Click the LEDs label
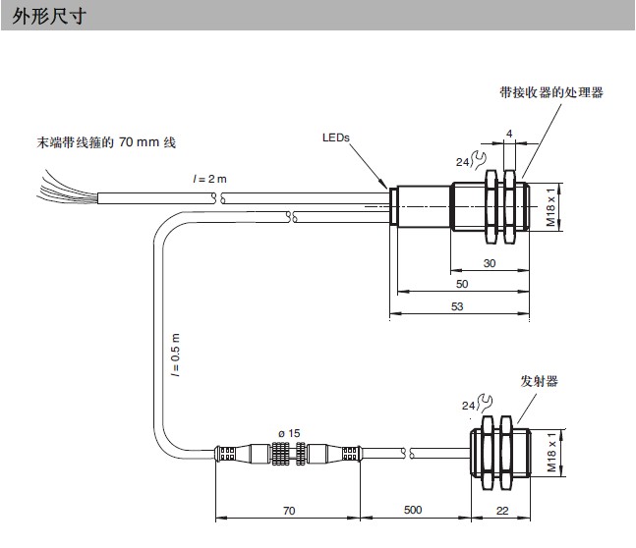pos(336,137)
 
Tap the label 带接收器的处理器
pos(550,92)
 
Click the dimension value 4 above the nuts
pos(509,134)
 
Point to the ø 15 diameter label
pos(288,433)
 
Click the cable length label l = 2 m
pos(209,178)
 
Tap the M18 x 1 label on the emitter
pos(551,453)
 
